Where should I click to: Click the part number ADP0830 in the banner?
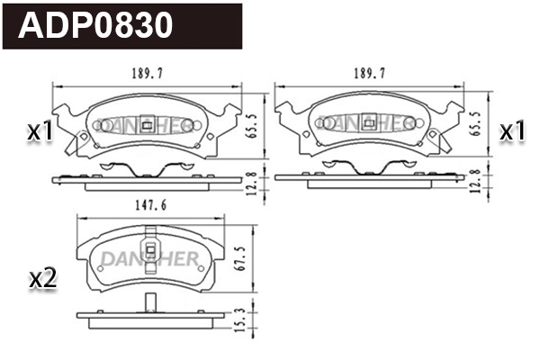pos(96,26)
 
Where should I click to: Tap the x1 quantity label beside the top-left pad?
pos(40,131)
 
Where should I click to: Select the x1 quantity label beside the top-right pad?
pos(511,131)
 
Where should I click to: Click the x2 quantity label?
pos(42,278)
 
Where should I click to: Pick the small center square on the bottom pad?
pos(150,252)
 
